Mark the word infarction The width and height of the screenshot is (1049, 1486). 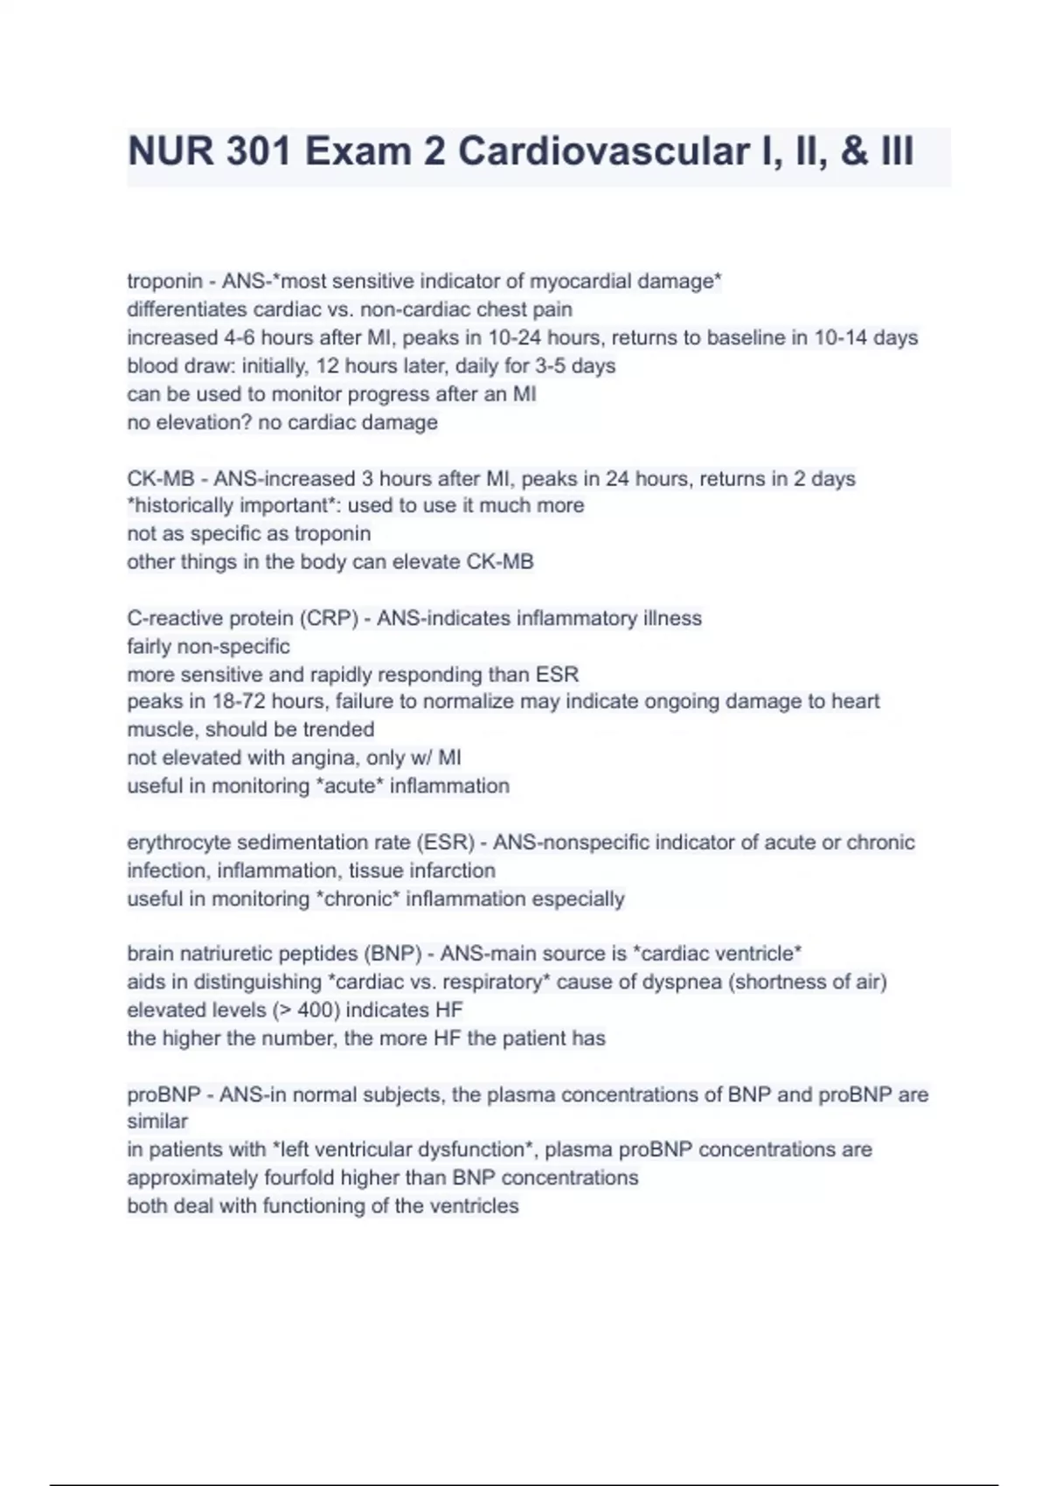(x=453, y=871)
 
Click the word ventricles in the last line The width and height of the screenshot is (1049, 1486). (x=475, y=1205)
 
